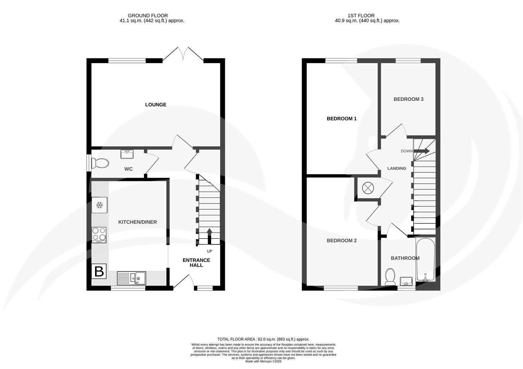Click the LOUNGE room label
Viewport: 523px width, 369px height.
tap(155, 105)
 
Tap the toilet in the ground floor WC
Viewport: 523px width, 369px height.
tap(100, 163)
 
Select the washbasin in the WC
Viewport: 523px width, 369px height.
tap(127, 154)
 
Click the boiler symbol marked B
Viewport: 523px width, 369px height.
tap(99, 271)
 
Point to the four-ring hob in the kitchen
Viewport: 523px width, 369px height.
tap(99, 235)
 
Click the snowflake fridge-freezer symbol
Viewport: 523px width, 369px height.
tap(100, 205)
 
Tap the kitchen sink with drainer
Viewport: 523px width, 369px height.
tap(131, 278)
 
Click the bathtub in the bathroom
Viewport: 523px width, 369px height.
tap(425, 260)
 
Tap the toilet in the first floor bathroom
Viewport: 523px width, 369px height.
tap(390, 276)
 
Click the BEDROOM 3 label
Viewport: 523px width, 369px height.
tap(408, 99)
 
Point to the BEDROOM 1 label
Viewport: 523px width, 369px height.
tap(342, 119)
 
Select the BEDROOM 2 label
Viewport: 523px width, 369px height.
tap(342, 241)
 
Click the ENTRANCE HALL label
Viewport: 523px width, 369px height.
tap(196, 262)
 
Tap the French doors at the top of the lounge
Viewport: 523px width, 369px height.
tap(183, 55)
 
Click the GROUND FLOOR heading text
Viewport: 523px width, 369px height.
tap(148, 15)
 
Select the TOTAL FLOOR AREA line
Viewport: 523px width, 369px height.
tap(263, 339)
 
